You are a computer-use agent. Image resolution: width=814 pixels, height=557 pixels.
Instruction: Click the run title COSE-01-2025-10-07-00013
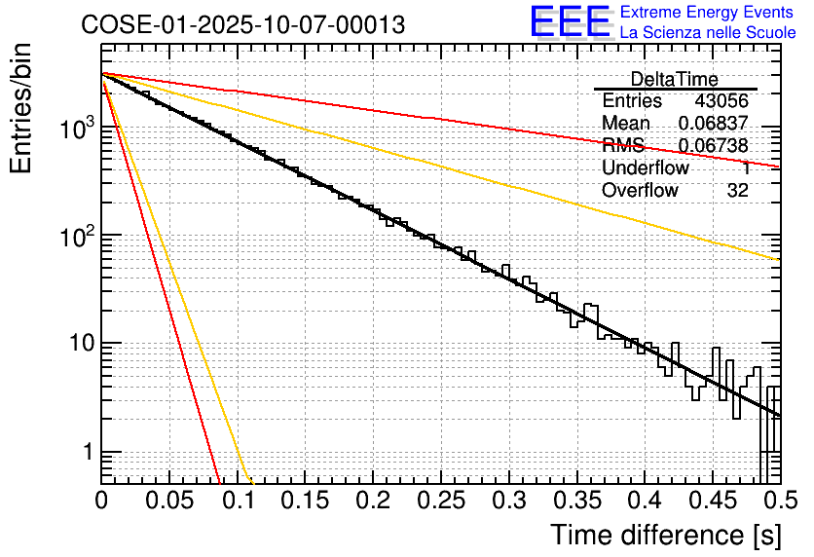[x=243, y=25]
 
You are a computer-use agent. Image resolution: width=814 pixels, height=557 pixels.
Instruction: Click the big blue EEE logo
[x=570, y=21]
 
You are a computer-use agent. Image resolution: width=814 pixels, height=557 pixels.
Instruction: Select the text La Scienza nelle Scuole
[x=708, y=32]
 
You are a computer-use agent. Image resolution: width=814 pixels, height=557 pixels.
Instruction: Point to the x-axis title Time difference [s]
[x=665, y=535]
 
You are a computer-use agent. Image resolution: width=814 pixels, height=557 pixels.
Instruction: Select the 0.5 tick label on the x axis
[x=778, y=501]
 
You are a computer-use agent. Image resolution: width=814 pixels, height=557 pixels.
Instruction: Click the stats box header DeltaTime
[x=675, y=79]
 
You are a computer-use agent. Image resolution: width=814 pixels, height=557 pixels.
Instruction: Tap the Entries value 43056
[x=721, y=101]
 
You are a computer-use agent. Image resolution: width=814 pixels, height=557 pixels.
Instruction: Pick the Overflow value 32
[x=738, y=191]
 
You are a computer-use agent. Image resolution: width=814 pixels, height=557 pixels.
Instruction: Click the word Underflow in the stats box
[x=646, y=168]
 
